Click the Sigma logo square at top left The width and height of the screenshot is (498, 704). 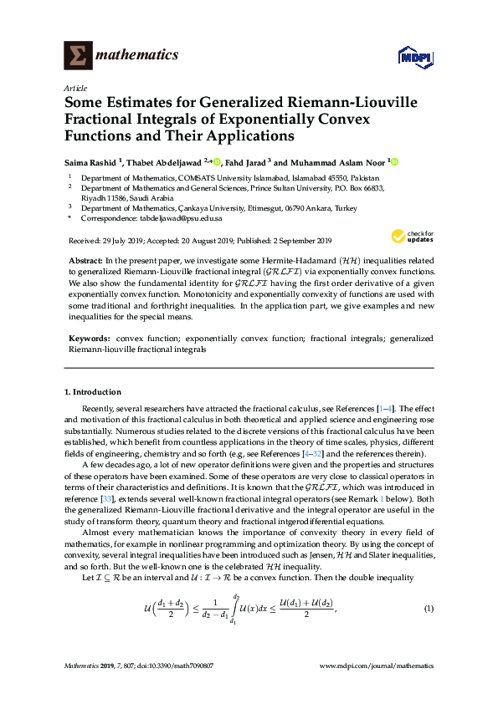pos(79,56)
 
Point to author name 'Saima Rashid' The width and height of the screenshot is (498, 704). pos(90,162)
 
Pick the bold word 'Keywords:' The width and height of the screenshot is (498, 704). pos(89,339)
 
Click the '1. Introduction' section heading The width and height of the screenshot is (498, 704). pos(93,392)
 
